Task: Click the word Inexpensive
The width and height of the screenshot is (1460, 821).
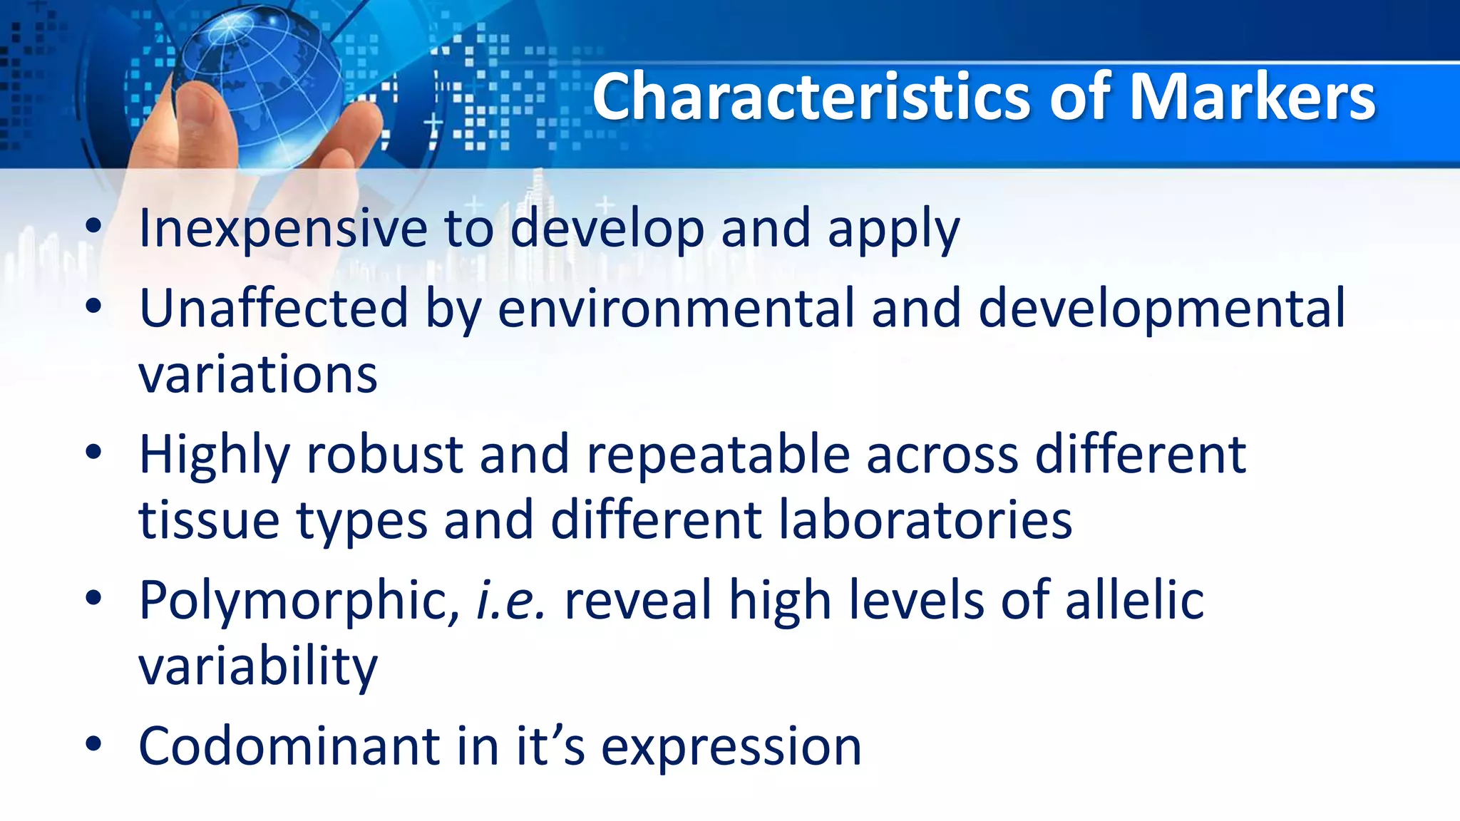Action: click(283, 229)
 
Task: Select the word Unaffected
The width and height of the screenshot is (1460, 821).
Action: click(274, 309)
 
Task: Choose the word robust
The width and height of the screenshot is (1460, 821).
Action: click(385, 455)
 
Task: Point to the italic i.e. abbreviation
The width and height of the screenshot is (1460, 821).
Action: click(510, 600)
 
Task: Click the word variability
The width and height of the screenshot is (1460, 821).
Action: click(258, 667)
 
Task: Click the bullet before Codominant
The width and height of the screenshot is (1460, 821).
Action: click(93, 744)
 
